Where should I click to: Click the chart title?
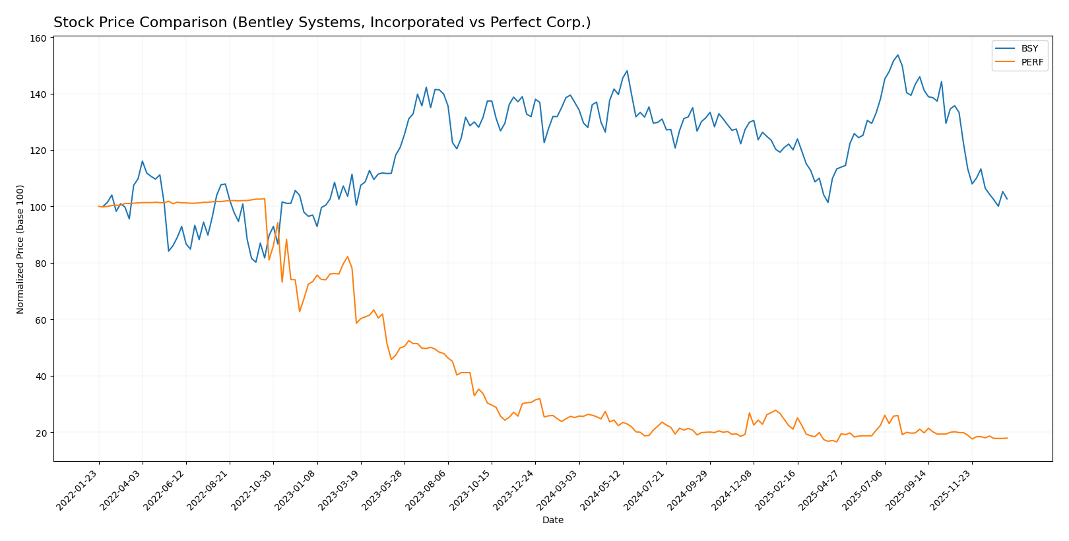322,22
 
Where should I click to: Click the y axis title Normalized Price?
20,249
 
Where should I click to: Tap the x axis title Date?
552,521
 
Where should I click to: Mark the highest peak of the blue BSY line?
897,55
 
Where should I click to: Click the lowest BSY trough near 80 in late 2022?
256,262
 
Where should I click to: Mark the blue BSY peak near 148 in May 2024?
627,71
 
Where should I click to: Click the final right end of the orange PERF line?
1007,438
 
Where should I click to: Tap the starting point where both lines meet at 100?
99,207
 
